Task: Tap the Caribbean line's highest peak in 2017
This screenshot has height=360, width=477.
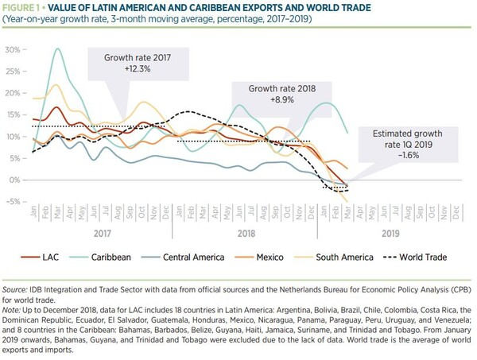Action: (x=58, y=49)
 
